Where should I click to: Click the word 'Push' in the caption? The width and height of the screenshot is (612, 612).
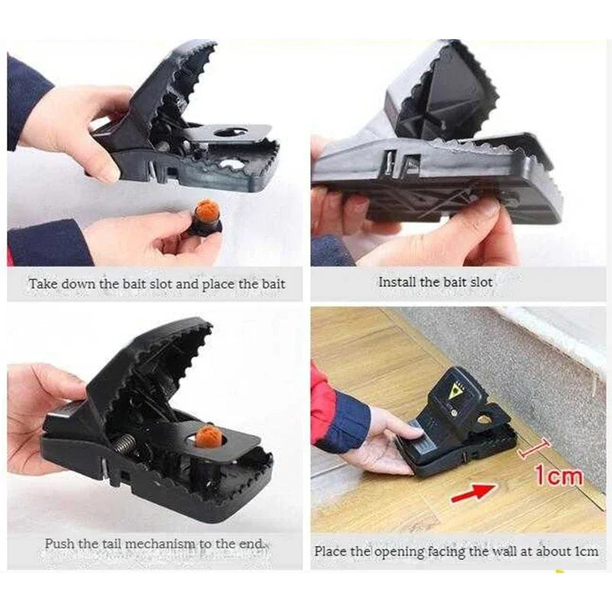coord(60,544)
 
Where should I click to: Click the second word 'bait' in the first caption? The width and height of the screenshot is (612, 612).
coord(271,284)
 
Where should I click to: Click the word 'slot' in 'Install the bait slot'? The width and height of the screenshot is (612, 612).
coord(480,282)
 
